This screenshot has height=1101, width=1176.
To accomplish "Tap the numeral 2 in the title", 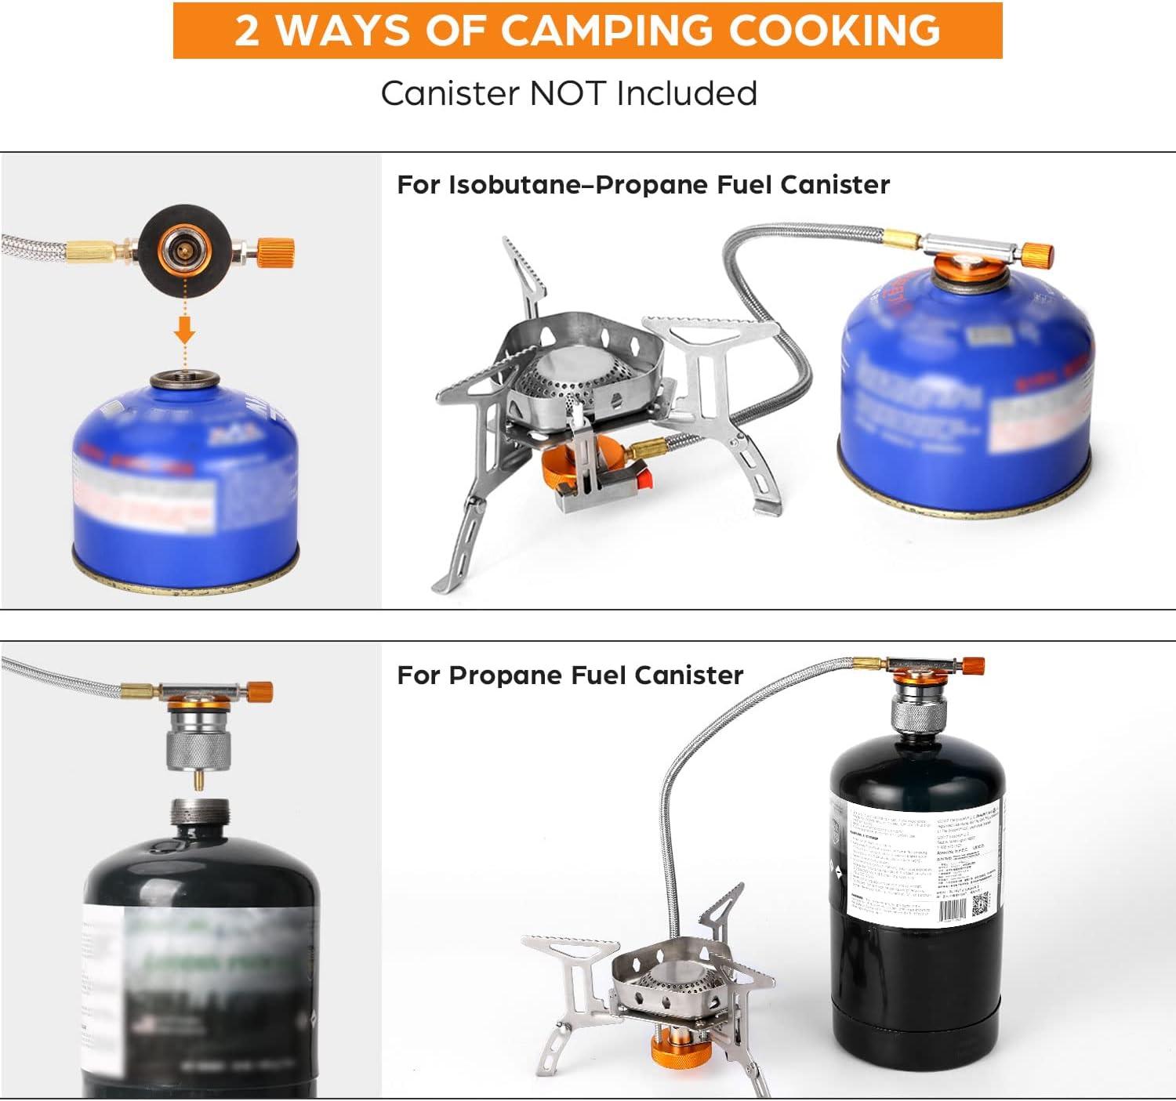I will pyautogui.click(x=247, y=31).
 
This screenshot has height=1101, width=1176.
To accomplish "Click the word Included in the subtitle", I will pyautogui.click(x=687, y=93).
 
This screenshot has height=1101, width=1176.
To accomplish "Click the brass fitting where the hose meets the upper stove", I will pyautogui.click(x=648, y=450).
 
